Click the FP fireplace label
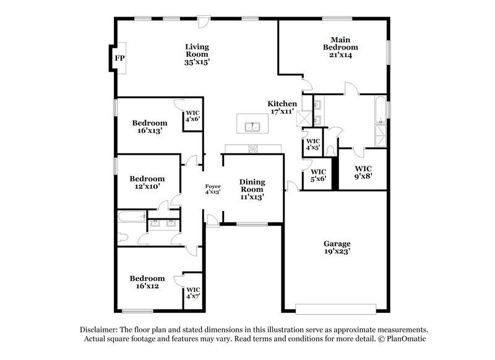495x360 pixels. click(120, 58)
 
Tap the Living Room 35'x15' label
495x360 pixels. click(197, 54)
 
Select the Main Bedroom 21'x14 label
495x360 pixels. click(341, 46)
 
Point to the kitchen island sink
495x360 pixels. click(252, 128)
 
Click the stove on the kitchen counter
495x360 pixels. click(253, 148)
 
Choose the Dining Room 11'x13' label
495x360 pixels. click(252, 189)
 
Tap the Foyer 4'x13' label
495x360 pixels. click(213, 189)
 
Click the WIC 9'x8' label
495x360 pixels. click(364, 171)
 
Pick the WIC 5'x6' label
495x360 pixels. click(318, 175)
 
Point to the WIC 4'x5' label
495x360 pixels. click(312, 144)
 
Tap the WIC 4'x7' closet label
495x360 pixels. click(194, 293)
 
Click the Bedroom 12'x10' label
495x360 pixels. click(147, 182)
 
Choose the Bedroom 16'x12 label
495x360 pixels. click(147, 282)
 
